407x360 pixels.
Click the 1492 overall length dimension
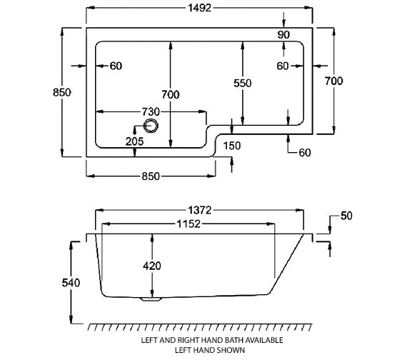(x=200, y=11)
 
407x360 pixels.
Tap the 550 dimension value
(x=244, y=83)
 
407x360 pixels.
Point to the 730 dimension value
(x=150, y=112)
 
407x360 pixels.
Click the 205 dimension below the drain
(x=134, y=141)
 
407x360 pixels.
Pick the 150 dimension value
(x=233, y=146)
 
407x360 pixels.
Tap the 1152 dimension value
(x=186, y=224)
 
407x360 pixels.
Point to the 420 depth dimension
(x=151, y=266)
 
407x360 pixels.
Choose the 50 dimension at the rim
(x=348, y=215)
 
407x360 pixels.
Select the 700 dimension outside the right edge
(x=334, y=81)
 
